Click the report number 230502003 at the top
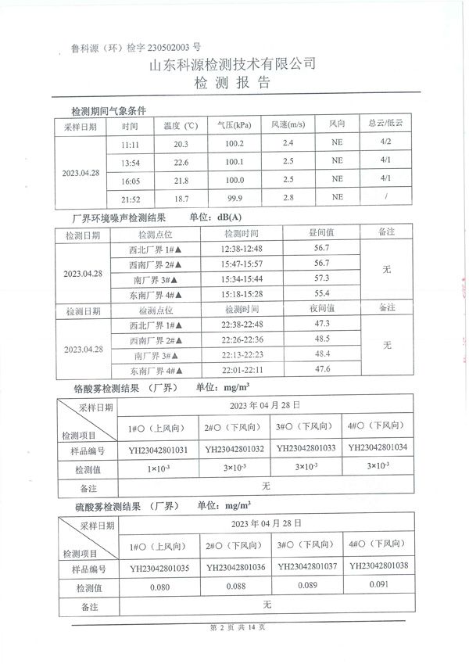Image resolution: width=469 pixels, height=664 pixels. pyautogui.click(x=158, y=46)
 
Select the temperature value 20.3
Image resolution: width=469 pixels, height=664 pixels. pyautogui.click(x=181, y=145)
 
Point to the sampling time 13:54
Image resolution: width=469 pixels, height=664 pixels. pyautogui.click(x=130, y=163)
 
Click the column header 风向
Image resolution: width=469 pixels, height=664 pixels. pyautogui.click(x=337, y=125)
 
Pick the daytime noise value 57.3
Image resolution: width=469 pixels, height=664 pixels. pyautogui.click(x=321, y=278)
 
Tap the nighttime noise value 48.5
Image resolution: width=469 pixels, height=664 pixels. pyautogui.click(x=321, y=339)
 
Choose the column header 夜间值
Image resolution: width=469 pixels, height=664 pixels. pyautogui.click(x=321, y=309)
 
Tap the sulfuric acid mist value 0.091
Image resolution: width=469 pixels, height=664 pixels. pyautogui.click(x=378, y=583)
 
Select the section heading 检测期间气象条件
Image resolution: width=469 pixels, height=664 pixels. pyautogui.click(x=109, y=110)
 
